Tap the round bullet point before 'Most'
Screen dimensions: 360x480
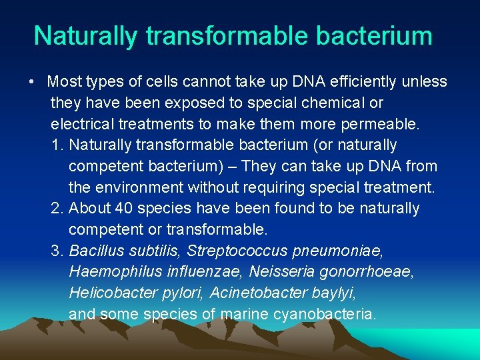click(x=32, y=83)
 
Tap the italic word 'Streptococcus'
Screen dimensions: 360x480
click(x=237, y=251)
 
